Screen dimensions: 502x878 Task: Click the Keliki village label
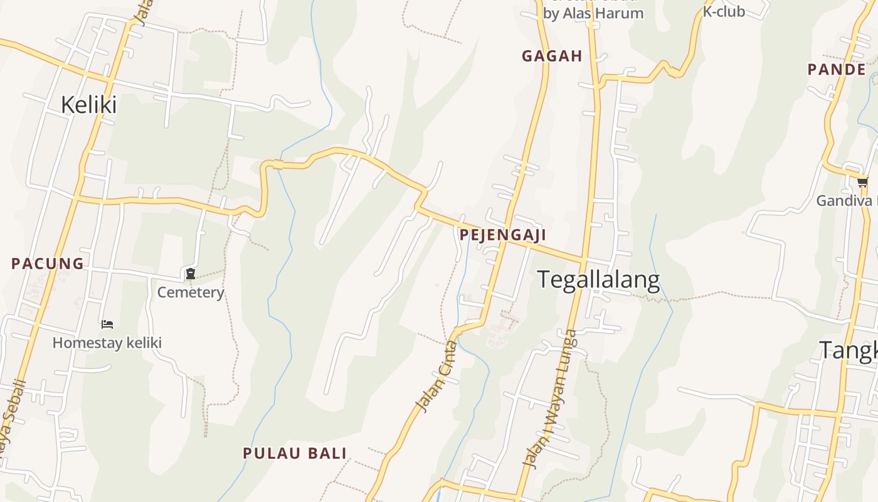click(88, 105)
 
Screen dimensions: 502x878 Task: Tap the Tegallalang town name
click(599, 280)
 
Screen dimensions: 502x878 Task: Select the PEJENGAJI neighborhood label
click(502, 235)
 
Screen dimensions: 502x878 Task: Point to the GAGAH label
click(552, 56)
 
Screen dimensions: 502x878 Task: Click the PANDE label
click(837, 70)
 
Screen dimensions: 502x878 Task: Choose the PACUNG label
click(48, 264)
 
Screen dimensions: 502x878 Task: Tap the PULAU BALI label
click(295, 453)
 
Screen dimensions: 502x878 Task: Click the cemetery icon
click(190, 274)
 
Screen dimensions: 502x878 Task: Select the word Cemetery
click(190, 292)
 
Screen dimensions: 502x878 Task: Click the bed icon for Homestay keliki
click(107, 324)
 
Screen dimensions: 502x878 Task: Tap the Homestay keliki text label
click(107, 343)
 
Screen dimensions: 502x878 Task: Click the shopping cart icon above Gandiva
click(863, 183)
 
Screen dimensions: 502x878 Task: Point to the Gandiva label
click(844, 201)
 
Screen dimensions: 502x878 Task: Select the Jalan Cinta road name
click(437, 376)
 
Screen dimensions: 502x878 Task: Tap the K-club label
click(723, 11)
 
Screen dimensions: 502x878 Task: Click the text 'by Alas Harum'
click(593, 13)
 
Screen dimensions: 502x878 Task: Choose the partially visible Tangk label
click(849, 351)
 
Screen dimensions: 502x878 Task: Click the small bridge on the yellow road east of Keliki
click(277, 165)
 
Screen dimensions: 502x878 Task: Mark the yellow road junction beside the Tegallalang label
click(584, 259)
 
